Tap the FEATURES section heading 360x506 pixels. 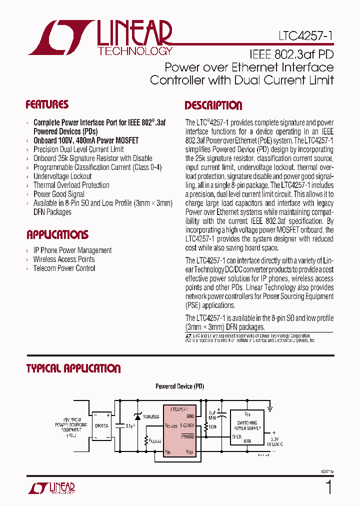(47, 104)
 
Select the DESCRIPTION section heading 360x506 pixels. (213, 105)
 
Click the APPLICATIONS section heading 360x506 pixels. (57, 234)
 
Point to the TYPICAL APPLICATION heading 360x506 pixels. (73, 368)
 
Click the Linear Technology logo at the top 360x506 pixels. (100, 37)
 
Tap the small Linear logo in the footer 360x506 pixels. (53, 487)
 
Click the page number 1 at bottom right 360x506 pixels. (328, 486)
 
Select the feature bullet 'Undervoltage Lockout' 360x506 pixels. (62, 176)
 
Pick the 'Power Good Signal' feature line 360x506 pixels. (59, 194)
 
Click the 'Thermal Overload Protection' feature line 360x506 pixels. (71, 185)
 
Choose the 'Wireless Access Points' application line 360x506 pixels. (64, 259)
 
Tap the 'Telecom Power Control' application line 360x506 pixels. (64, 268)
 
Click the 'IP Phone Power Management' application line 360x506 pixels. (72, 250)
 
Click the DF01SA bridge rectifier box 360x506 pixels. (102, 425)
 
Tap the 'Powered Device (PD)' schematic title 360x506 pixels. (179, 386)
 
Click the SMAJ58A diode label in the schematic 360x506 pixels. (151, 416)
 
